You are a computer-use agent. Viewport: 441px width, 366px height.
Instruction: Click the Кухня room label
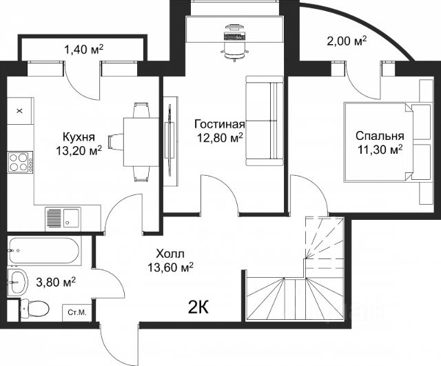[79, 137]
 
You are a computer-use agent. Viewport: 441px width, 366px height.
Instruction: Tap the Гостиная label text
[220, 124]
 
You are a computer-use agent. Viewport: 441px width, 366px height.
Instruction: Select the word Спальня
[380, 136]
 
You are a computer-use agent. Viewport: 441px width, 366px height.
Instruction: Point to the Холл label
[170, 254]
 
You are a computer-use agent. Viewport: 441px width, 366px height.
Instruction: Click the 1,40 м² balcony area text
[84, 50]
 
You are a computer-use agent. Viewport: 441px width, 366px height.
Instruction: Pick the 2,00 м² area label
[347, 41]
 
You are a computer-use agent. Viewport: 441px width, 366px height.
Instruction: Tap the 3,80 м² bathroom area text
[56, 282]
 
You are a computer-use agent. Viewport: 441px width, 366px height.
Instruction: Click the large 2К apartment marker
[198, 308]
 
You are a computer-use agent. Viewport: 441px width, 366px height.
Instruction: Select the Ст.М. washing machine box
[76, 312]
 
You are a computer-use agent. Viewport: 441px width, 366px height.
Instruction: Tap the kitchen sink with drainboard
[63, 219]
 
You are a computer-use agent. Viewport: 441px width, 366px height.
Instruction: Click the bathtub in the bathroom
[44, 251]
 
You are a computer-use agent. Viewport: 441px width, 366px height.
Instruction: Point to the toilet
[35, 309]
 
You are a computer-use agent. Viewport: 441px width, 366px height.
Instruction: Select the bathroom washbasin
[18, 282]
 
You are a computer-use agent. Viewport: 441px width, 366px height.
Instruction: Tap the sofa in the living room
[265, 121]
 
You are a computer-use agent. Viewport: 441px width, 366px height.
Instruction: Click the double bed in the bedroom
[388, 142]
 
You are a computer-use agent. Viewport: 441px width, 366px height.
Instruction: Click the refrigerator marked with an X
[21, 111]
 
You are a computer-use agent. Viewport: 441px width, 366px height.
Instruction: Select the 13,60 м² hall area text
[170, 267]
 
